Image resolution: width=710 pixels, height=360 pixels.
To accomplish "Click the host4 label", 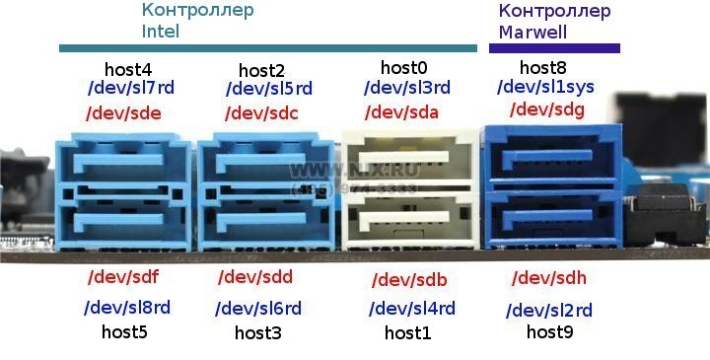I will pos(129,69).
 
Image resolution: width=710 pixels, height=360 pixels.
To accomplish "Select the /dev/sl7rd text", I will pos(130,88).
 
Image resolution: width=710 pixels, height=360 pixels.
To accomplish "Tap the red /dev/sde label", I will pos(122,112).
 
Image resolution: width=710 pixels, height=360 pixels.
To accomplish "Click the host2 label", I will pos(261,70).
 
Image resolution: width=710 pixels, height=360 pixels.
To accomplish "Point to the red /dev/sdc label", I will pos(261,112).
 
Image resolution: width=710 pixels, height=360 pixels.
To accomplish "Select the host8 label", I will pos(543,68).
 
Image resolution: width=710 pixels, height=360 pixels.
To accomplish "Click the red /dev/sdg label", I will pos(546,110).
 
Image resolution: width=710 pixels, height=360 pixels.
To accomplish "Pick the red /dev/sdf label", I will pos(124,277).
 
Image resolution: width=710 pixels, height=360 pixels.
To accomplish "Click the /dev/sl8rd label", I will pos(127,308).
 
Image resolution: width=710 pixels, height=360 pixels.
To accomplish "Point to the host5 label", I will pos(124,331).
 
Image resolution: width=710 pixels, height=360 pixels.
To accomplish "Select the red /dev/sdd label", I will pos(255,277).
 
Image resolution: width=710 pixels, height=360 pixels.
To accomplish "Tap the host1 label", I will pos(407,332).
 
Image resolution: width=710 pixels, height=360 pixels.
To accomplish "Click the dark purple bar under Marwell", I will pos(554,47).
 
